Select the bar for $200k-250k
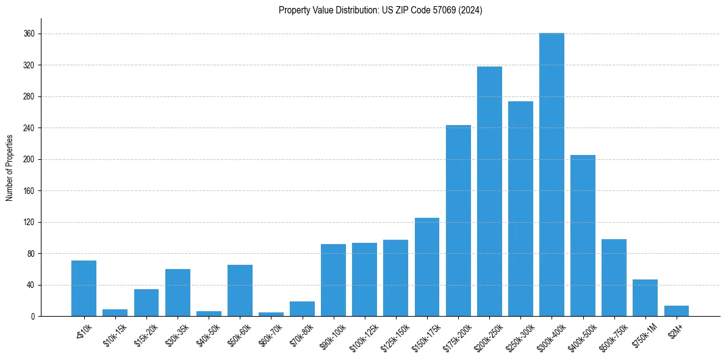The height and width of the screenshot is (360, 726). (x=489, y=192)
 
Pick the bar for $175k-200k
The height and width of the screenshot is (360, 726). (x=458, y=221)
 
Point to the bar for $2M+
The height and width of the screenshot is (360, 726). (x=676, y=311)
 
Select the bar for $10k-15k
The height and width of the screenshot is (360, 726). (x=115, y=313)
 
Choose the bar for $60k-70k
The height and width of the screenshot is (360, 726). (x=271, y=314)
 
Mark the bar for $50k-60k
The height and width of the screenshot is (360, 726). (x=240, y=290)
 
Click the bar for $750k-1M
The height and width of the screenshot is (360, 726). (x=645, y=298)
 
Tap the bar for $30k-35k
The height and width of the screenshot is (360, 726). (x=178, y=293)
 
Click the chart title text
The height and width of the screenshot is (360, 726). (x=380, y=10)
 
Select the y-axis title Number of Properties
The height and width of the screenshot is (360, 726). (x=9, y=168)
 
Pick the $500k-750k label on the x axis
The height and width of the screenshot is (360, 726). (x=612, y=335)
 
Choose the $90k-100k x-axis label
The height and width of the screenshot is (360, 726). (x=332, y=335)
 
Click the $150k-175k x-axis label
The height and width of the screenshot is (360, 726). (x=425, y=335)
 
